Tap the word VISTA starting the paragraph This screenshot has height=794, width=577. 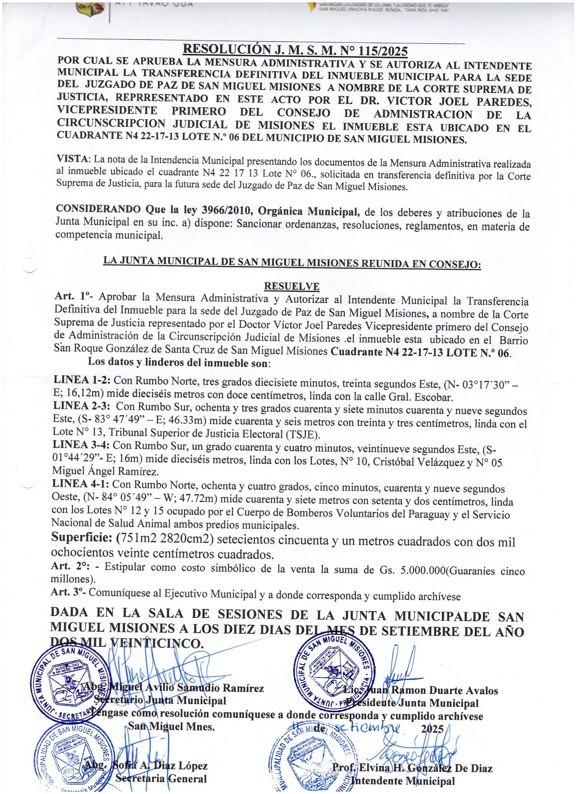pos(72,159)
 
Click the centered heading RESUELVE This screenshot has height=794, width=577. pos(292,286)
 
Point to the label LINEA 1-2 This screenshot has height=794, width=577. pos(82,379)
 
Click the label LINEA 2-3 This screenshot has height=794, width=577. pos(81,406)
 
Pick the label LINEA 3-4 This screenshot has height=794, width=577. pos(81,445)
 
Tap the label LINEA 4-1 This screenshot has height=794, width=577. pos(80,484)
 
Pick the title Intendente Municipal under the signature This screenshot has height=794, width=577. pos(403,781)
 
